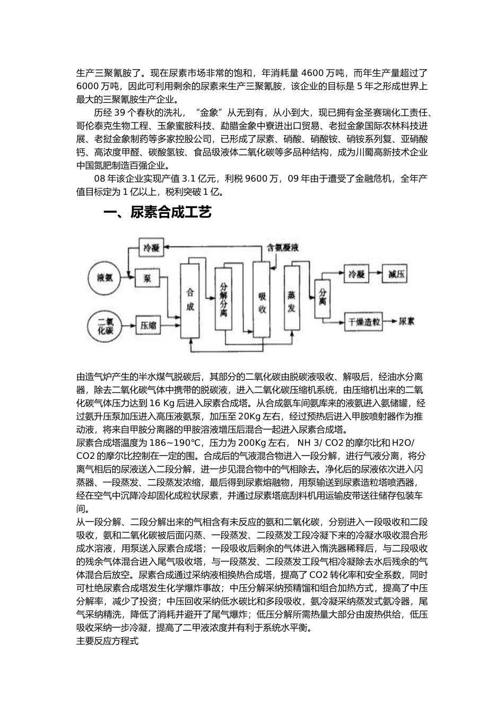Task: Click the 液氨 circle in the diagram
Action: [105, 279]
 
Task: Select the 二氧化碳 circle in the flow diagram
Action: [105, 325]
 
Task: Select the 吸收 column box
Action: [261, 300]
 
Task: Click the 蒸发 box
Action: [291, 300]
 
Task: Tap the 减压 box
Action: [397, 274]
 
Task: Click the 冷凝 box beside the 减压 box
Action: [355, 274]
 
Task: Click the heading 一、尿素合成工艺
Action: [157, 212]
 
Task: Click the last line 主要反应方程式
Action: [107, 641]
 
